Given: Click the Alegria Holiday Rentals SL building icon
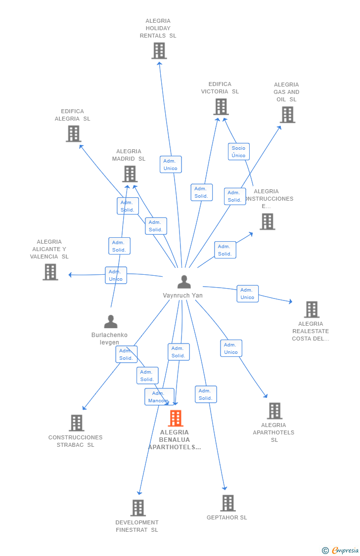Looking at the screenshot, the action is click(x=159, y=51).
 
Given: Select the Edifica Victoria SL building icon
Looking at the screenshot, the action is click(x=221, y=107).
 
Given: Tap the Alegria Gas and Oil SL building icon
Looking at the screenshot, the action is click(x=287, y=115).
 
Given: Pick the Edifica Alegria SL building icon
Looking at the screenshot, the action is click(x=73, y=133).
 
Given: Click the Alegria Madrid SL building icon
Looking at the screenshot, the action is click(x=130, y=174).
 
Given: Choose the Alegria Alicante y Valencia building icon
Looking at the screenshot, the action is click(x=50, y=272).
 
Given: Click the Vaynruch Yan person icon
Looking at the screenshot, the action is click(x=184, y=282).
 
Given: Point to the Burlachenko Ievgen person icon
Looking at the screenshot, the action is click(x=111, y=322).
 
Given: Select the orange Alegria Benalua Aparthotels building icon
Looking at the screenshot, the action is click(x=176, y=418).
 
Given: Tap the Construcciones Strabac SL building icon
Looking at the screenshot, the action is click(x=76, y=423).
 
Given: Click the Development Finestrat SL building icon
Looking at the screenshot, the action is click(x=138, y=508).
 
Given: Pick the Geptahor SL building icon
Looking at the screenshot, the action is click(x=227, y=503).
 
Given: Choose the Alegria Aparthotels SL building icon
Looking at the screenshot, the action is click(x=274, y=411).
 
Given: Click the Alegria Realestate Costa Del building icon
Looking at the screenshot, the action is click(x=312, y=309).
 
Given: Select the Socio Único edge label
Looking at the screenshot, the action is click(x=238, y=152).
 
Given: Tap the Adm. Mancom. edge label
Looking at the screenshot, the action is click(x=159, y=397).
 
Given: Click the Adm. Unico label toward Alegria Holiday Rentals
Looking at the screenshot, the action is click(x=171, y=165).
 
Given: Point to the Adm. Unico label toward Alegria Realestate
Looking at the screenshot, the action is click(x=247, y=294).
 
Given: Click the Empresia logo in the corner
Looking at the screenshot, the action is click(x=341, y=550).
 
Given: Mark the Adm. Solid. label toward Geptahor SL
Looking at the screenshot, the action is click(x=206, y=394).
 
